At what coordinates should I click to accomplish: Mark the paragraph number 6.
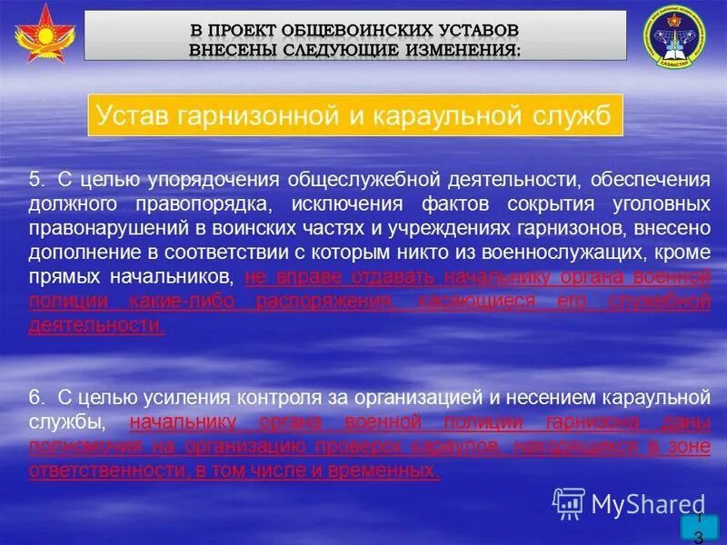coord(35,397)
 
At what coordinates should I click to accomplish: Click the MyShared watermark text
coord(647,502)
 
